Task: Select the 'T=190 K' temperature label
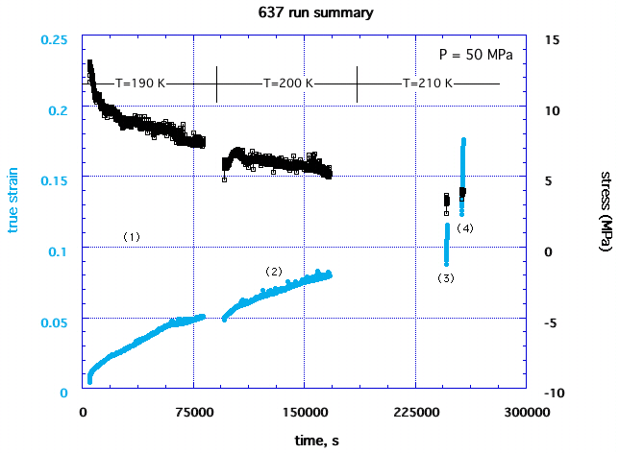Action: [x=141, y=83]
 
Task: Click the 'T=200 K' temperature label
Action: [x=287, y=83]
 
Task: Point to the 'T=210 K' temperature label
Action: [x=427, y=83]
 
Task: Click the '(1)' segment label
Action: [x=132, y=236]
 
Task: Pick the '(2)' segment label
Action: [x=273, y=272]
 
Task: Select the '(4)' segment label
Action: [x=464, y=227]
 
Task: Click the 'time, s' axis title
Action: [x=307, y=440]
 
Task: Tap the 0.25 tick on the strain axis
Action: [x=56, y=39]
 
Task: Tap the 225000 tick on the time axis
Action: [x=415, y=412]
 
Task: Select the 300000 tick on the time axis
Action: [x=526, y=412]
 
